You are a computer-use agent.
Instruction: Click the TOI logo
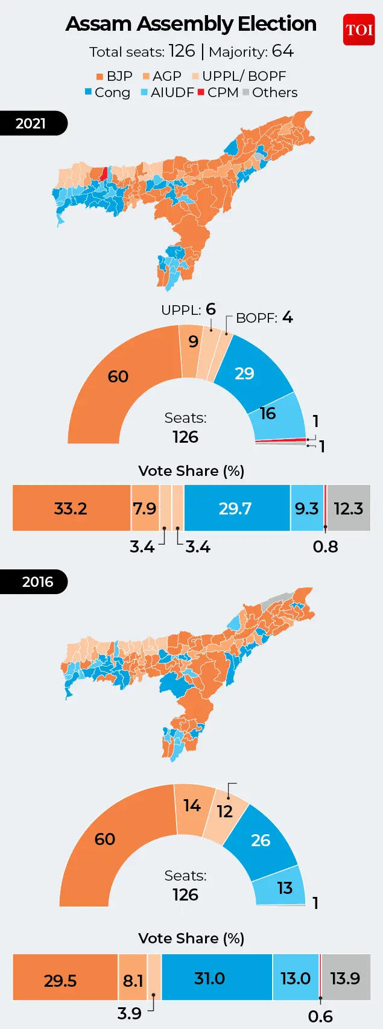[359, 30]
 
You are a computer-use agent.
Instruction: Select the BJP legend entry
[114, 77]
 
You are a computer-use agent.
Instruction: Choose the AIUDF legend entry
[167, 93]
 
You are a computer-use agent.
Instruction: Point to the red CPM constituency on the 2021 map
[104, 174]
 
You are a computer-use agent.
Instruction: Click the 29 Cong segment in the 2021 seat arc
[244, 373]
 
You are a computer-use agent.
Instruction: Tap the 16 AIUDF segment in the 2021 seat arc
[268, 414]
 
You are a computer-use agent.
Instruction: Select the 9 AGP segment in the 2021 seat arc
[193, 342]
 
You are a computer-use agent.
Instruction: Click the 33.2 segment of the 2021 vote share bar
[71, 508]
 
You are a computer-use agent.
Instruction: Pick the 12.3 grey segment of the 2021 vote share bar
[348, 508]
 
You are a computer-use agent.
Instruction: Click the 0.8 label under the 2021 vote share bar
[325, 546]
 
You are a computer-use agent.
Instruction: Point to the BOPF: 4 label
[264, 318]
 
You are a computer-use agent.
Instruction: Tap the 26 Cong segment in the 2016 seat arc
[260, 840]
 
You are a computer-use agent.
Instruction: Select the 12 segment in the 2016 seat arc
[225, 811]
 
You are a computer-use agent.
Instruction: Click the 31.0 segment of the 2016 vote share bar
[210, 978]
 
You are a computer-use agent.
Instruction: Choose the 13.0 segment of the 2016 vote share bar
[295, 978]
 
